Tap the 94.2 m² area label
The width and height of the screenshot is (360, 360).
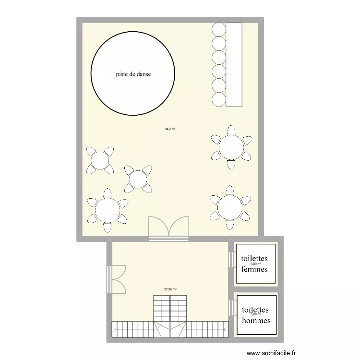coord(170,129)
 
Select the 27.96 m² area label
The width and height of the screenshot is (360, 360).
coord(170,289)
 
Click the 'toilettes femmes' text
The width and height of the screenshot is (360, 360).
coord(254,264)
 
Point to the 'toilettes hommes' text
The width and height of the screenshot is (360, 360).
coord(256,315)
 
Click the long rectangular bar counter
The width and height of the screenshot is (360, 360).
coord(233,64)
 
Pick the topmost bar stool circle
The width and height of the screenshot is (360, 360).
coord(219,29)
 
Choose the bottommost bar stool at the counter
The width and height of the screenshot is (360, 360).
coord(219,99)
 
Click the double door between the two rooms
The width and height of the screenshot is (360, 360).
coord(169,229)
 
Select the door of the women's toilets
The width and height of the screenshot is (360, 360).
coord(231,260)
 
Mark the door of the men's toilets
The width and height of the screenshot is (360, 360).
coord(231,309)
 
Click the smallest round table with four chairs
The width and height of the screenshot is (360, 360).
coord(138,179)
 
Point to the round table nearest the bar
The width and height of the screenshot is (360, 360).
coord(232,147)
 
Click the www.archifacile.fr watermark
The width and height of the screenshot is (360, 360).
coord(272,353)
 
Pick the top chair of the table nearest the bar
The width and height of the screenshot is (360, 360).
coord(232,130)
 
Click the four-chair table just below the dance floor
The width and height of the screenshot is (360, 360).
coord(100,160)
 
